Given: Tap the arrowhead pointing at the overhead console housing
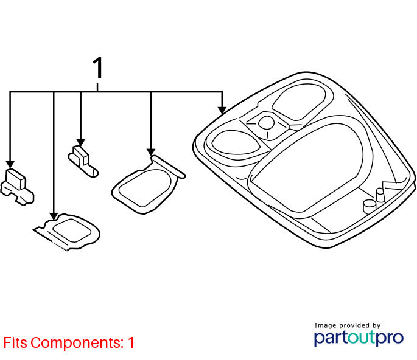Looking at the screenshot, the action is pyautogui.click(x=222, y=111).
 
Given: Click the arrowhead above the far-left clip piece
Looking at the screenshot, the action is pyautogui.click(x=10, y=164).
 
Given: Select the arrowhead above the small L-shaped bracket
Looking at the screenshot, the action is pyautogui.click(x=80, y=143).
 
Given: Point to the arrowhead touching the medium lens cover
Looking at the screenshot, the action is pyautogui.click(x=151, y=152).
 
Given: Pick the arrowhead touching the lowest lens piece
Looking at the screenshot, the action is pyautogui.click(x=54, y=216).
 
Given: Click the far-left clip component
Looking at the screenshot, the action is pyautogui.click(x=17, y=187).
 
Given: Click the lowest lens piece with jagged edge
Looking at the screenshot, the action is pyautogui.click(x=68, y=232).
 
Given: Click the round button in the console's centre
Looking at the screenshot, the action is pyautogui.click(x=266, y=122).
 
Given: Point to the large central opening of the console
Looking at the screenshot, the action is pyautogui.click(x=306, y=167).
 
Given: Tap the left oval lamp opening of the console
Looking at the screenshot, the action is pyautogui.click(x=236, y=142).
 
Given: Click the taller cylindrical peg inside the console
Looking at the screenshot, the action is pyautogui.click(x=380, y=195).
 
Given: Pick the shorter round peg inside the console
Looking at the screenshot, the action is pyautogui.click(x=369, y=206).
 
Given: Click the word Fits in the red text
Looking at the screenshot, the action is pyautogui.click(x=15, y=342).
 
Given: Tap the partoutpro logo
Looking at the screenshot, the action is pyautogui.click(x=359, y=337).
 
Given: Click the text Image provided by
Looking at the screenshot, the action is pyautogui.click(x=348, y=325).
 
